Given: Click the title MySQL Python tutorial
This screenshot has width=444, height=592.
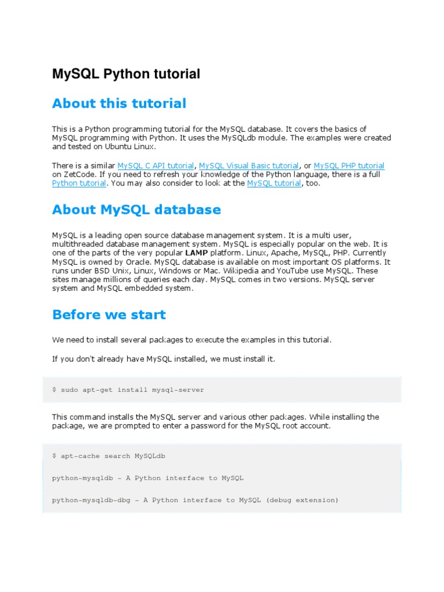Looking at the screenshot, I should point(126,74).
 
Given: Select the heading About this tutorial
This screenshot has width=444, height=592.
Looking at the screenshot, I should point(119,104).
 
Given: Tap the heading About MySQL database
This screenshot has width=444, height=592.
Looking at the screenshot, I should point(136,210).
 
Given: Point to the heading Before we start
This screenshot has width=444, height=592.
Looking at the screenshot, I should point(109,315).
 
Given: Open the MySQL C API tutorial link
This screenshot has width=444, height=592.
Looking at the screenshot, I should point(156,166).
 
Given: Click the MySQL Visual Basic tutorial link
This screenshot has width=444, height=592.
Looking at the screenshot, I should point(249,166).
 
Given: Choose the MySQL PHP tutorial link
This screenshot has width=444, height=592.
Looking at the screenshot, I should point(349,166).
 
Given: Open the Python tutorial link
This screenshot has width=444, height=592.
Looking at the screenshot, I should point(79,183).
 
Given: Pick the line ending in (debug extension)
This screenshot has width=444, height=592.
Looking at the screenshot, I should point(195,500).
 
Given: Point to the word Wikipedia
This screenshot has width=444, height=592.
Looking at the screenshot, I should point(247,271).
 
